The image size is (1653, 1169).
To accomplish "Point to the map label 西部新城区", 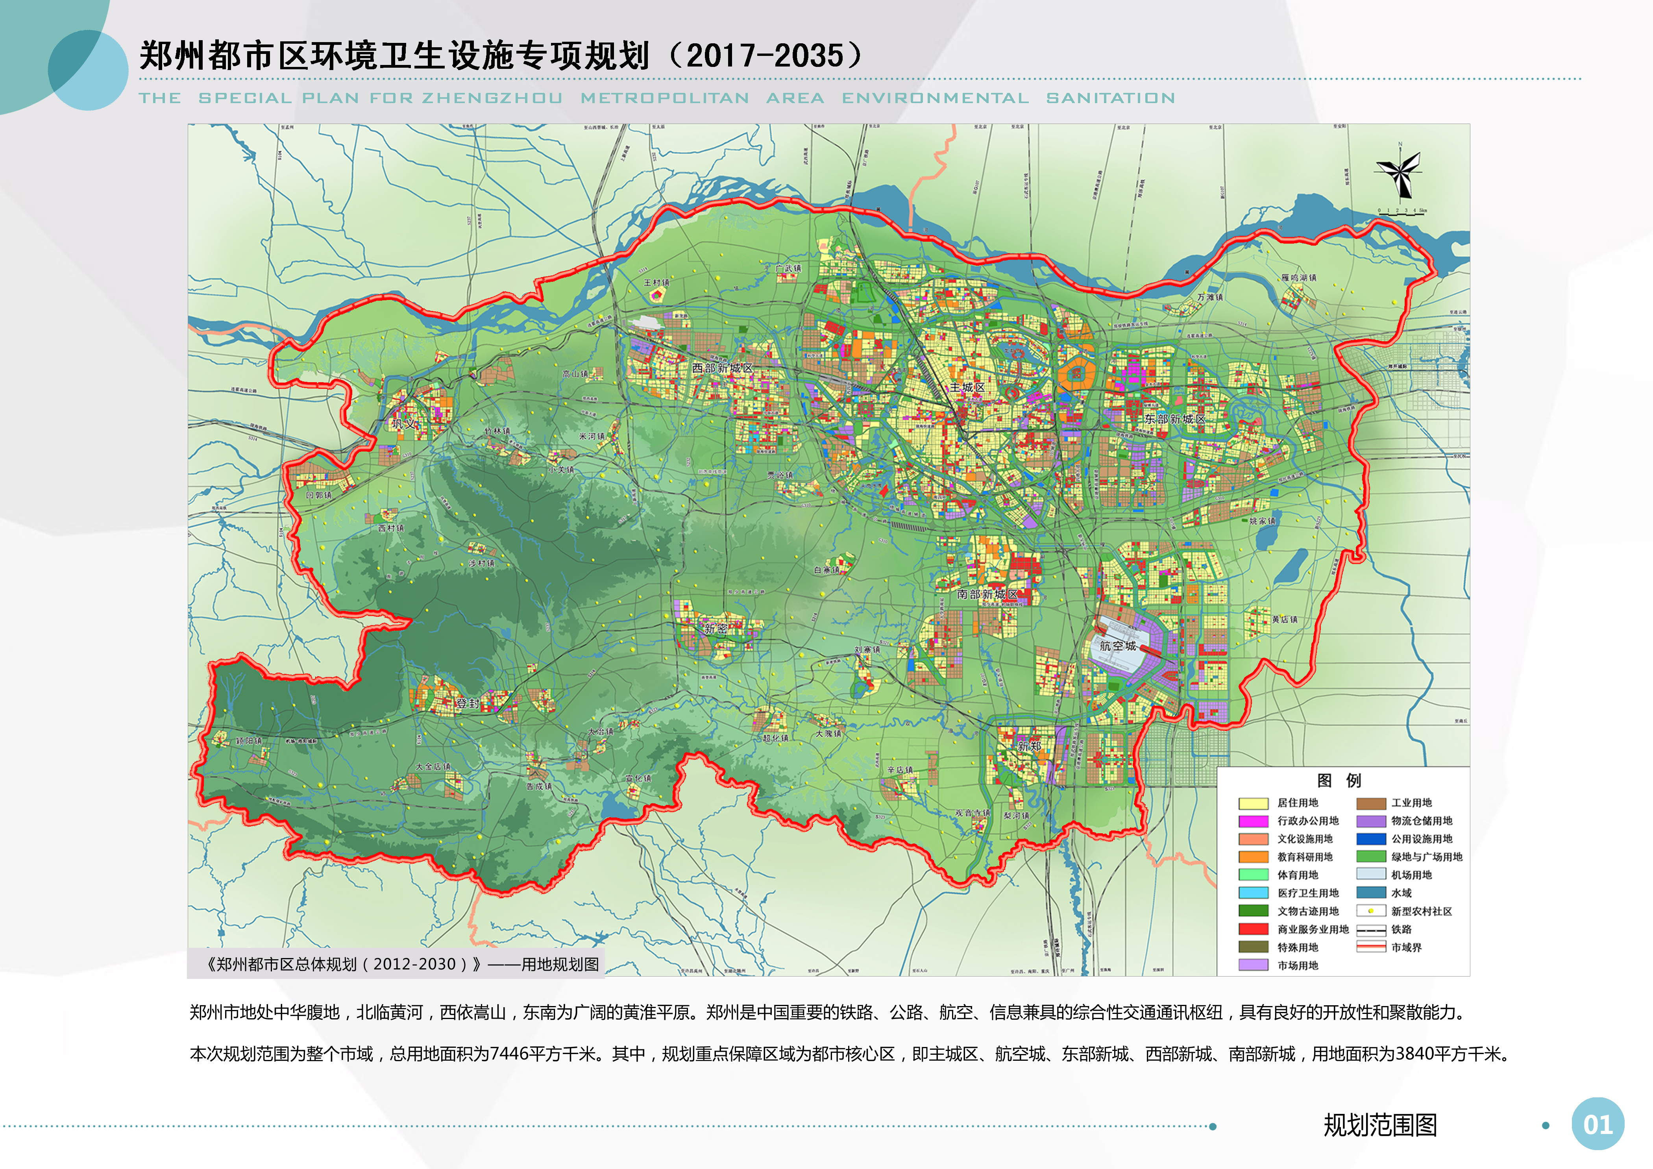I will (722, 368).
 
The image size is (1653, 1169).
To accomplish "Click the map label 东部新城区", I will (1174, 418).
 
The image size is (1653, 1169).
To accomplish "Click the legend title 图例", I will (1339, 780).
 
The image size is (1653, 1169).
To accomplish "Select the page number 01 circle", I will (1598, 1125).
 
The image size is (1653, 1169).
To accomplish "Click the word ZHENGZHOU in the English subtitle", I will (492, 98).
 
